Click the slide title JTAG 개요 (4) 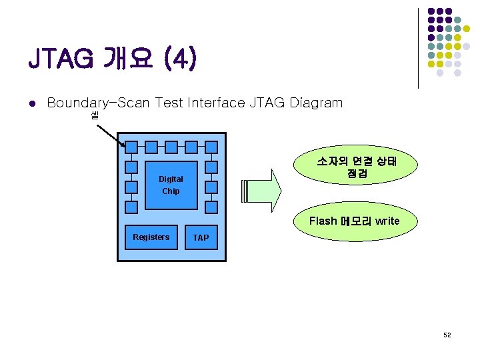coord(112,59)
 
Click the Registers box coord(151,237)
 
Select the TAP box coord(201,237)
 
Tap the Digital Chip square coord(171,185)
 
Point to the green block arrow coord(264,190)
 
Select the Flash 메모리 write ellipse coord(355,221)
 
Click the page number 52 coord(447,335)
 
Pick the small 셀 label coord(94,116)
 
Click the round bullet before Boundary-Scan coord(31,103)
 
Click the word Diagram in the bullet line coord(316,103)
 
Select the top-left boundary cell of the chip coord(132,147)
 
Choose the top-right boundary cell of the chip coord(211,147)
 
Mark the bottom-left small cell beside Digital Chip coord(132,207)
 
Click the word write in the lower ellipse coord(387,221)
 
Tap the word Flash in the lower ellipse coord(323,221)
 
